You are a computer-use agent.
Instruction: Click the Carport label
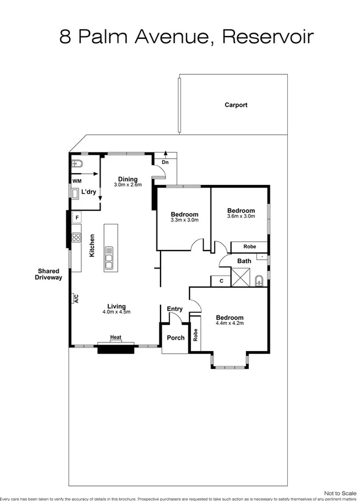pos(236,105)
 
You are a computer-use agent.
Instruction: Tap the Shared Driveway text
pos(49,274)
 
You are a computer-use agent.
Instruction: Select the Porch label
pos(175,338)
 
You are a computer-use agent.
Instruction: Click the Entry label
pos(174,309)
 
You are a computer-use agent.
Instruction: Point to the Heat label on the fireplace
pos(116,337)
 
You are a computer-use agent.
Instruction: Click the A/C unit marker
pos(76,299)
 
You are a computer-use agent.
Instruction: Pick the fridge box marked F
pos(76,217)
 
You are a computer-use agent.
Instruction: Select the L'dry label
pos(88,192)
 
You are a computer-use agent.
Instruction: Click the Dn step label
pos(165,162)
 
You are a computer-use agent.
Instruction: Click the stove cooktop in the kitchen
pos(76,237)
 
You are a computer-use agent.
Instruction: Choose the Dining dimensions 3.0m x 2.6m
pos(128,185)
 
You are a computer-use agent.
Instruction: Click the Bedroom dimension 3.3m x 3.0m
pos(184,220)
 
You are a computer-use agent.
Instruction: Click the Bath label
pos(244,261)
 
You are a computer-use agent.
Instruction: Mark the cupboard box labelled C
pos(221,281)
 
